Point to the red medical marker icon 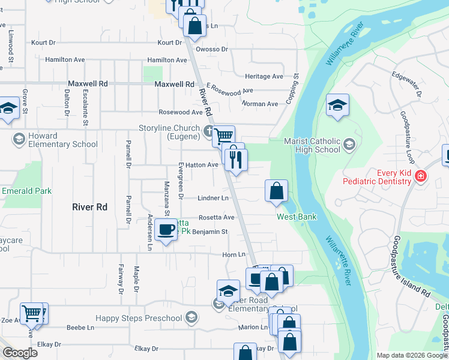point(420,176)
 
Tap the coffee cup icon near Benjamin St point(166,229)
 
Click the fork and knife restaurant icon point(235,158)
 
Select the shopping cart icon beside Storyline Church point(223,136)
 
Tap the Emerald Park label point(27,191)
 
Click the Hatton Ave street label point(205,164)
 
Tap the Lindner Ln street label point(213,198)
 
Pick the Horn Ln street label point(230,255)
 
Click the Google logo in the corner point(20,352)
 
